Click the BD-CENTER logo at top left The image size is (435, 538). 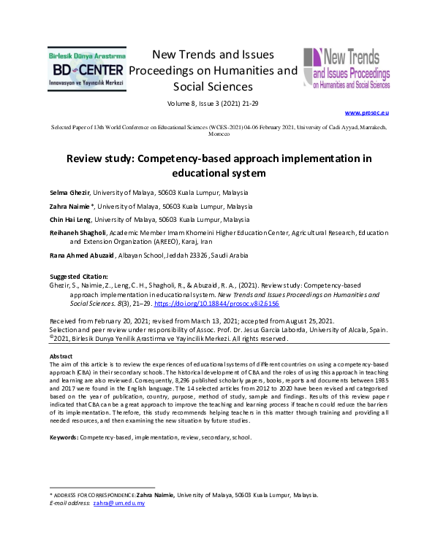click(88, 70)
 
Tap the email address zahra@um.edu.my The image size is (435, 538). click(118, 504)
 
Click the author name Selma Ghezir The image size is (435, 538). click(69, 193)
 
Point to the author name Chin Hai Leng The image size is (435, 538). click(70, 219)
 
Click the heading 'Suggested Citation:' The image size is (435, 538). click(78, 276)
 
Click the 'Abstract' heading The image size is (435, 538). click(61, 356)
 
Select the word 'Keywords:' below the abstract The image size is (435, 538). click(64, 437)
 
